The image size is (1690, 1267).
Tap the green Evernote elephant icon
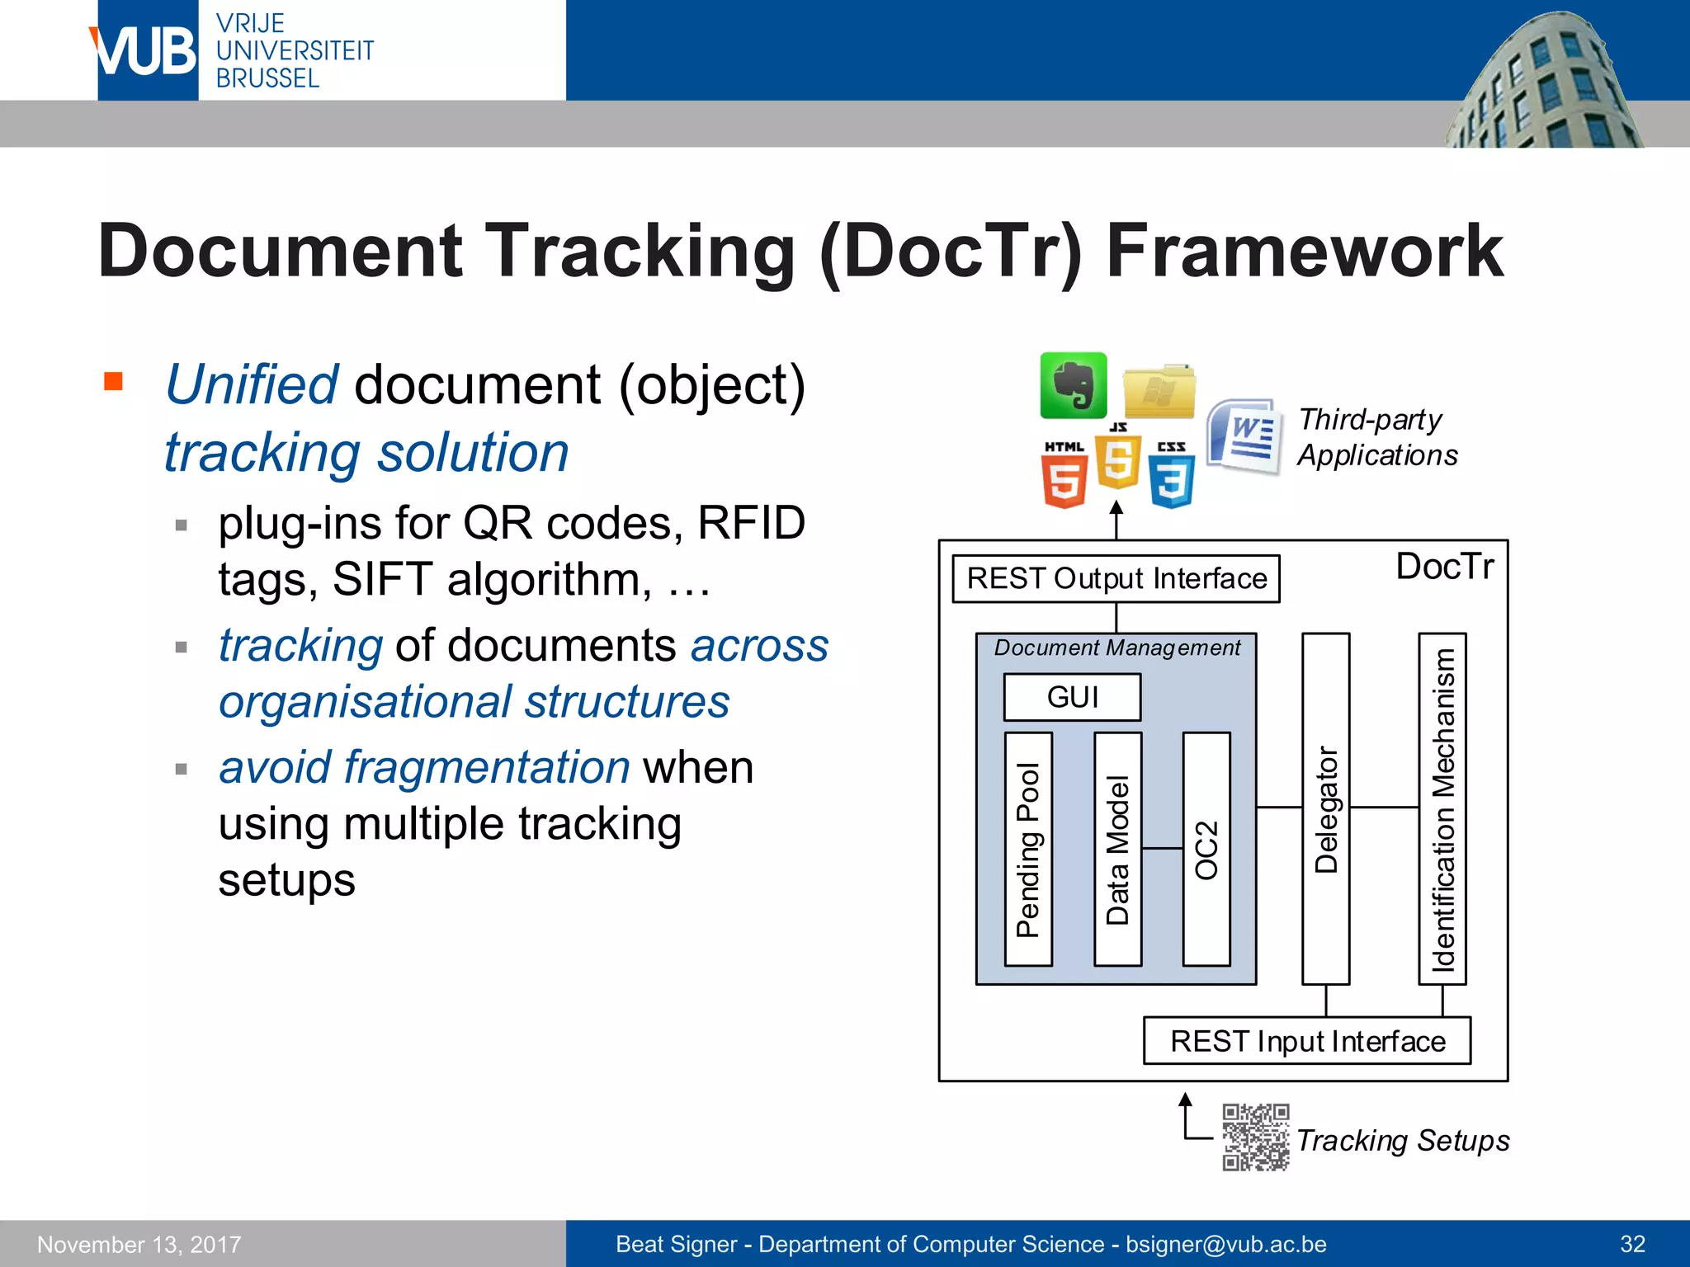tap(1073, 385)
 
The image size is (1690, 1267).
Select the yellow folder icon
tap(1159, 391)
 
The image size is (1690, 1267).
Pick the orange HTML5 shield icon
tap(1064, 476)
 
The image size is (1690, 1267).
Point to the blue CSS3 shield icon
tap(1171, 476)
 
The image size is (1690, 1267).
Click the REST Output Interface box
tap(1116, 579)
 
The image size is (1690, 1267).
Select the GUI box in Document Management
tap(1072, 697)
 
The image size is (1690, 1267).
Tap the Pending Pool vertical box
tap(1028, 849)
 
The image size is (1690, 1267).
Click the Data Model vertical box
tap(1117, 849)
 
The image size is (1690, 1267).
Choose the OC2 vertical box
tap(1206, 849)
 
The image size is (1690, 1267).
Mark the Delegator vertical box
tap(1325, 808)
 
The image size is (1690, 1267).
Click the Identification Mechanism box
tap(1442, 808)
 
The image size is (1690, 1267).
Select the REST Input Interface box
tap(1306, 1041)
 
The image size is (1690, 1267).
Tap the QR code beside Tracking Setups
tap(1255, 1137)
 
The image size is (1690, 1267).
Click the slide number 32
tap(1632, 1244)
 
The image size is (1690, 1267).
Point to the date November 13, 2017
tap(139, 1244)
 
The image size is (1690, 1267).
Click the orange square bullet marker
tap(114, 381)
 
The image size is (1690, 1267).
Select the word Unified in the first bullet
tap(252, 384)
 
